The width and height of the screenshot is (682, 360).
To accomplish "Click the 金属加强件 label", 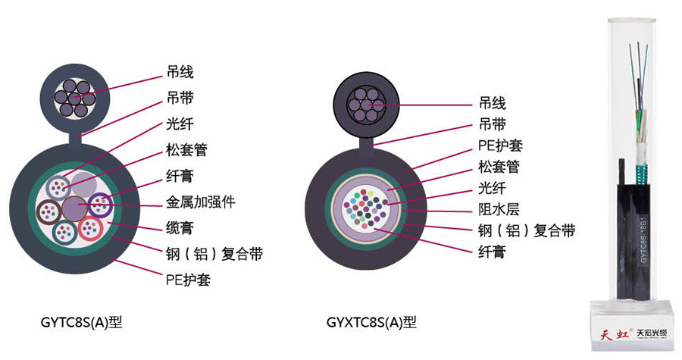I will (200, 202).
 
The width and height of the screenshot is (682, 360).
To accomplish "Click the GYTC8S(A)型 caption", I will (81, 322).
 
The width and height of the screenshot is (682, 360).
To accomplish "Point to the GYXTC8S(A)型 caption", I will (371, 322).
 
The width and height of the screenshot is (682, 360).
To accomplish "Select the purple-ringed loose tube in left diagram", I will (100, 203).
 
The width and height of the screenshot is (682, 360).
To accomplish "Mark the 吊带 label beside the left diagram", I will (180, 98).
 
